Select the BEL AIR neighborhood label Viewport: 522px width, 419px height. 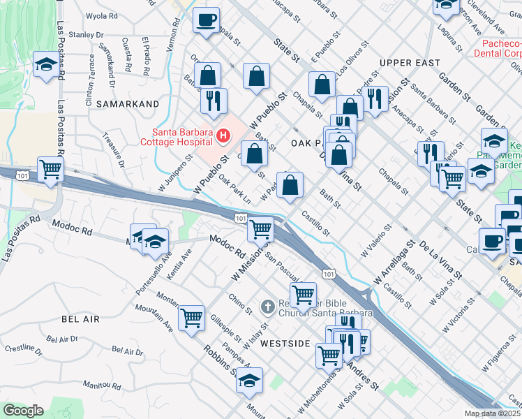pyautogui.click(x=80, y=319)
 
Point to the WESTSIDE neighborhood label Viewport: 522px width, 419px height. pyautogui.click(x=285, y=344)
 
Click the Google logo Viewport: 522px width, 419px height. pyautogui.click(x=23, y=411)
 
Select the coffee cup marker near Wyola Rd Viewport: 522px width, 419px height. pyautogui.click(x=206, y=20)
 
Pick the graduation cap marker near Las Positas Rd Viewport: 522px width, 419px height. pyautogui.click(x=46, y=66)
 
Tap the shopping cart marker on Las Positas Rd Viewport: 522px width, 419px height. pyautogui.click(x=51, y=169)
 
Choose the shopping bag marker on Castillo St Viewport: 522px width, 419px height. pyautogui.click(x=292, y=185)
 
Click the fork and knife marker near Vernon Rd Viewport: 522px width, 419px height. pyautogui.click(x=214, y=101)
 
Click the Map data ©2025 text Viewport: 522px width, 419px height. pyautogui.click(x=493, y=413)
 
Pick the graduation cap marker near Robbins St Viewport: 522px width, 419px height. pyautogui.click(x=248, y=381)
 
